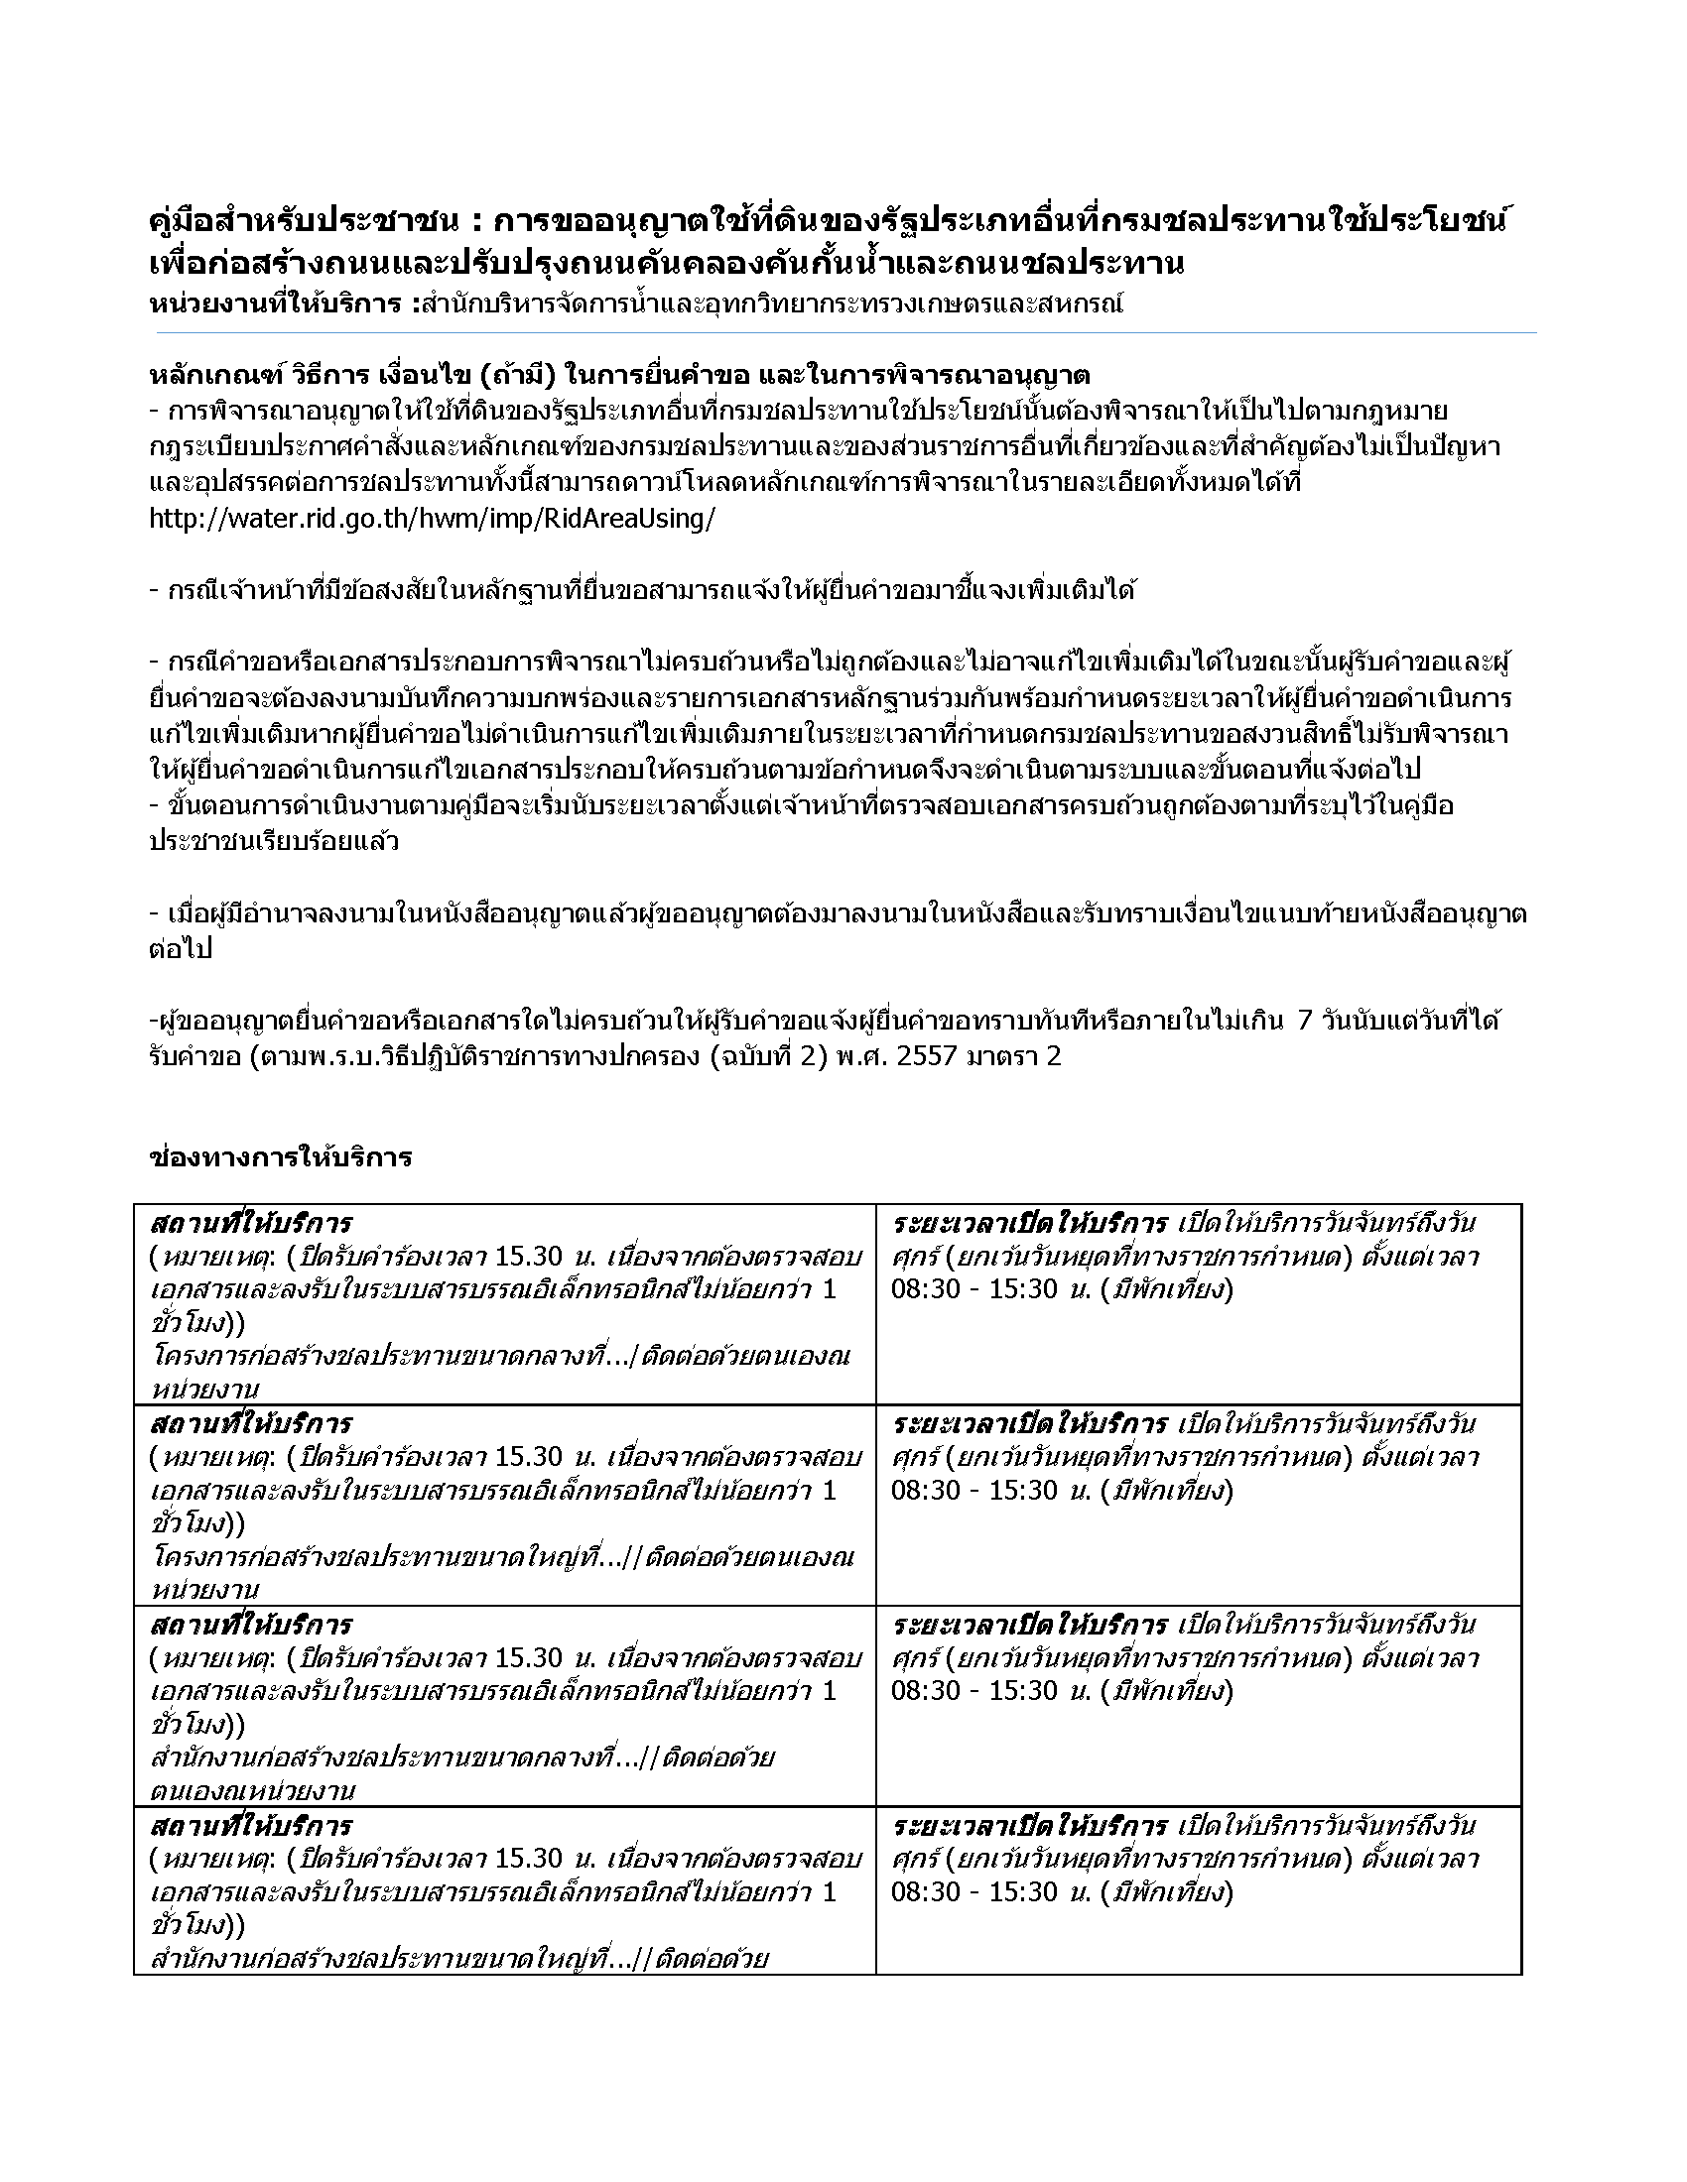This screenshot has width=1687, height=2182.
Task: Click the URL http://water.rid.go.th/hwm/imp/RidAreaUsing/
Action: click(432, 520)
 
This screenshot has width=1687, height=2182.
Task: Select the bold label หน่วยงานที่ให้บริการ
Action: click(277, 303)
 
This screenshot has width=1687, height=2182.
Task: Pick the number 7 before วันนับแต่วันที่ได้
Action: click(1304, 1020)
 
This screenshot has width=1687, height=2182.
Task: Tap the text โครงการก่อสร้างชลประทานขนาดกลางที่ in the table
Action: click(390, 1357)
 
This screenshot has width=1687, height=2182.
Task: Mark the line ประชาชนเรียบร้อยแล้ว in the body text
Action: click(274, 841)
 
